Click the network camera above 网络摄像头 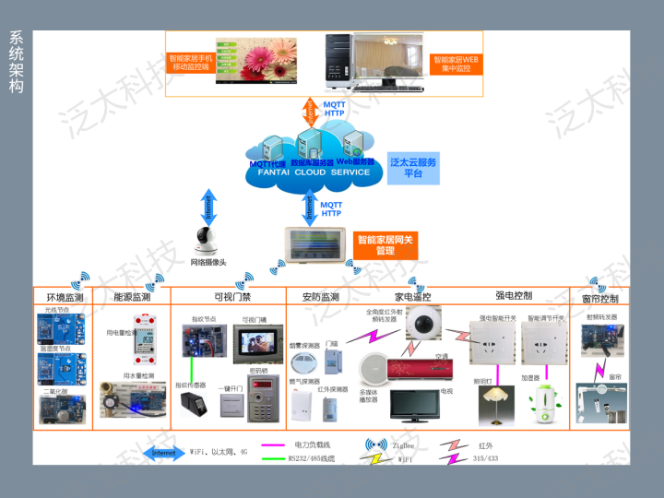207,243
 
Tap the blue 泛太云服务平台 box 413,167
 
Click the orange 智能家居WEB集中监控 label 457,64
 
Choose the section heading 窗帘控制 600,299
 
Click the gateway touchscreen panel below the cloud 319,240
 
